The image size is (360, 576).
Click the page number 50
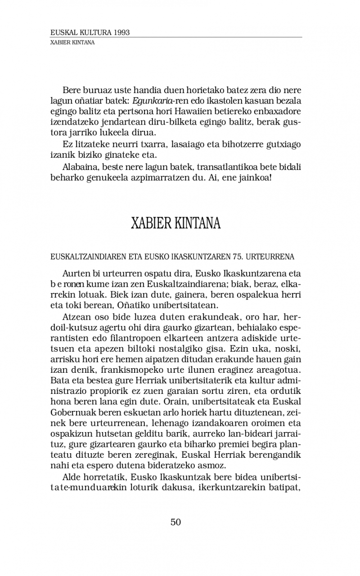(x=175, y=522)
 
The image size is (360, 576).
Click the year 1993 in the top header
(x=122, y=33)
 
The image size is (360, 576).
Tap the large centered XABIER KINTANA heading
(x=175, y=223)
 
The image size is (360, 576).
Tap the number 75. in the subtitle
(x=239, y=257)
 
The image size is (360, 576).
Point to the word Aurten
(x=75, y=274)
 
